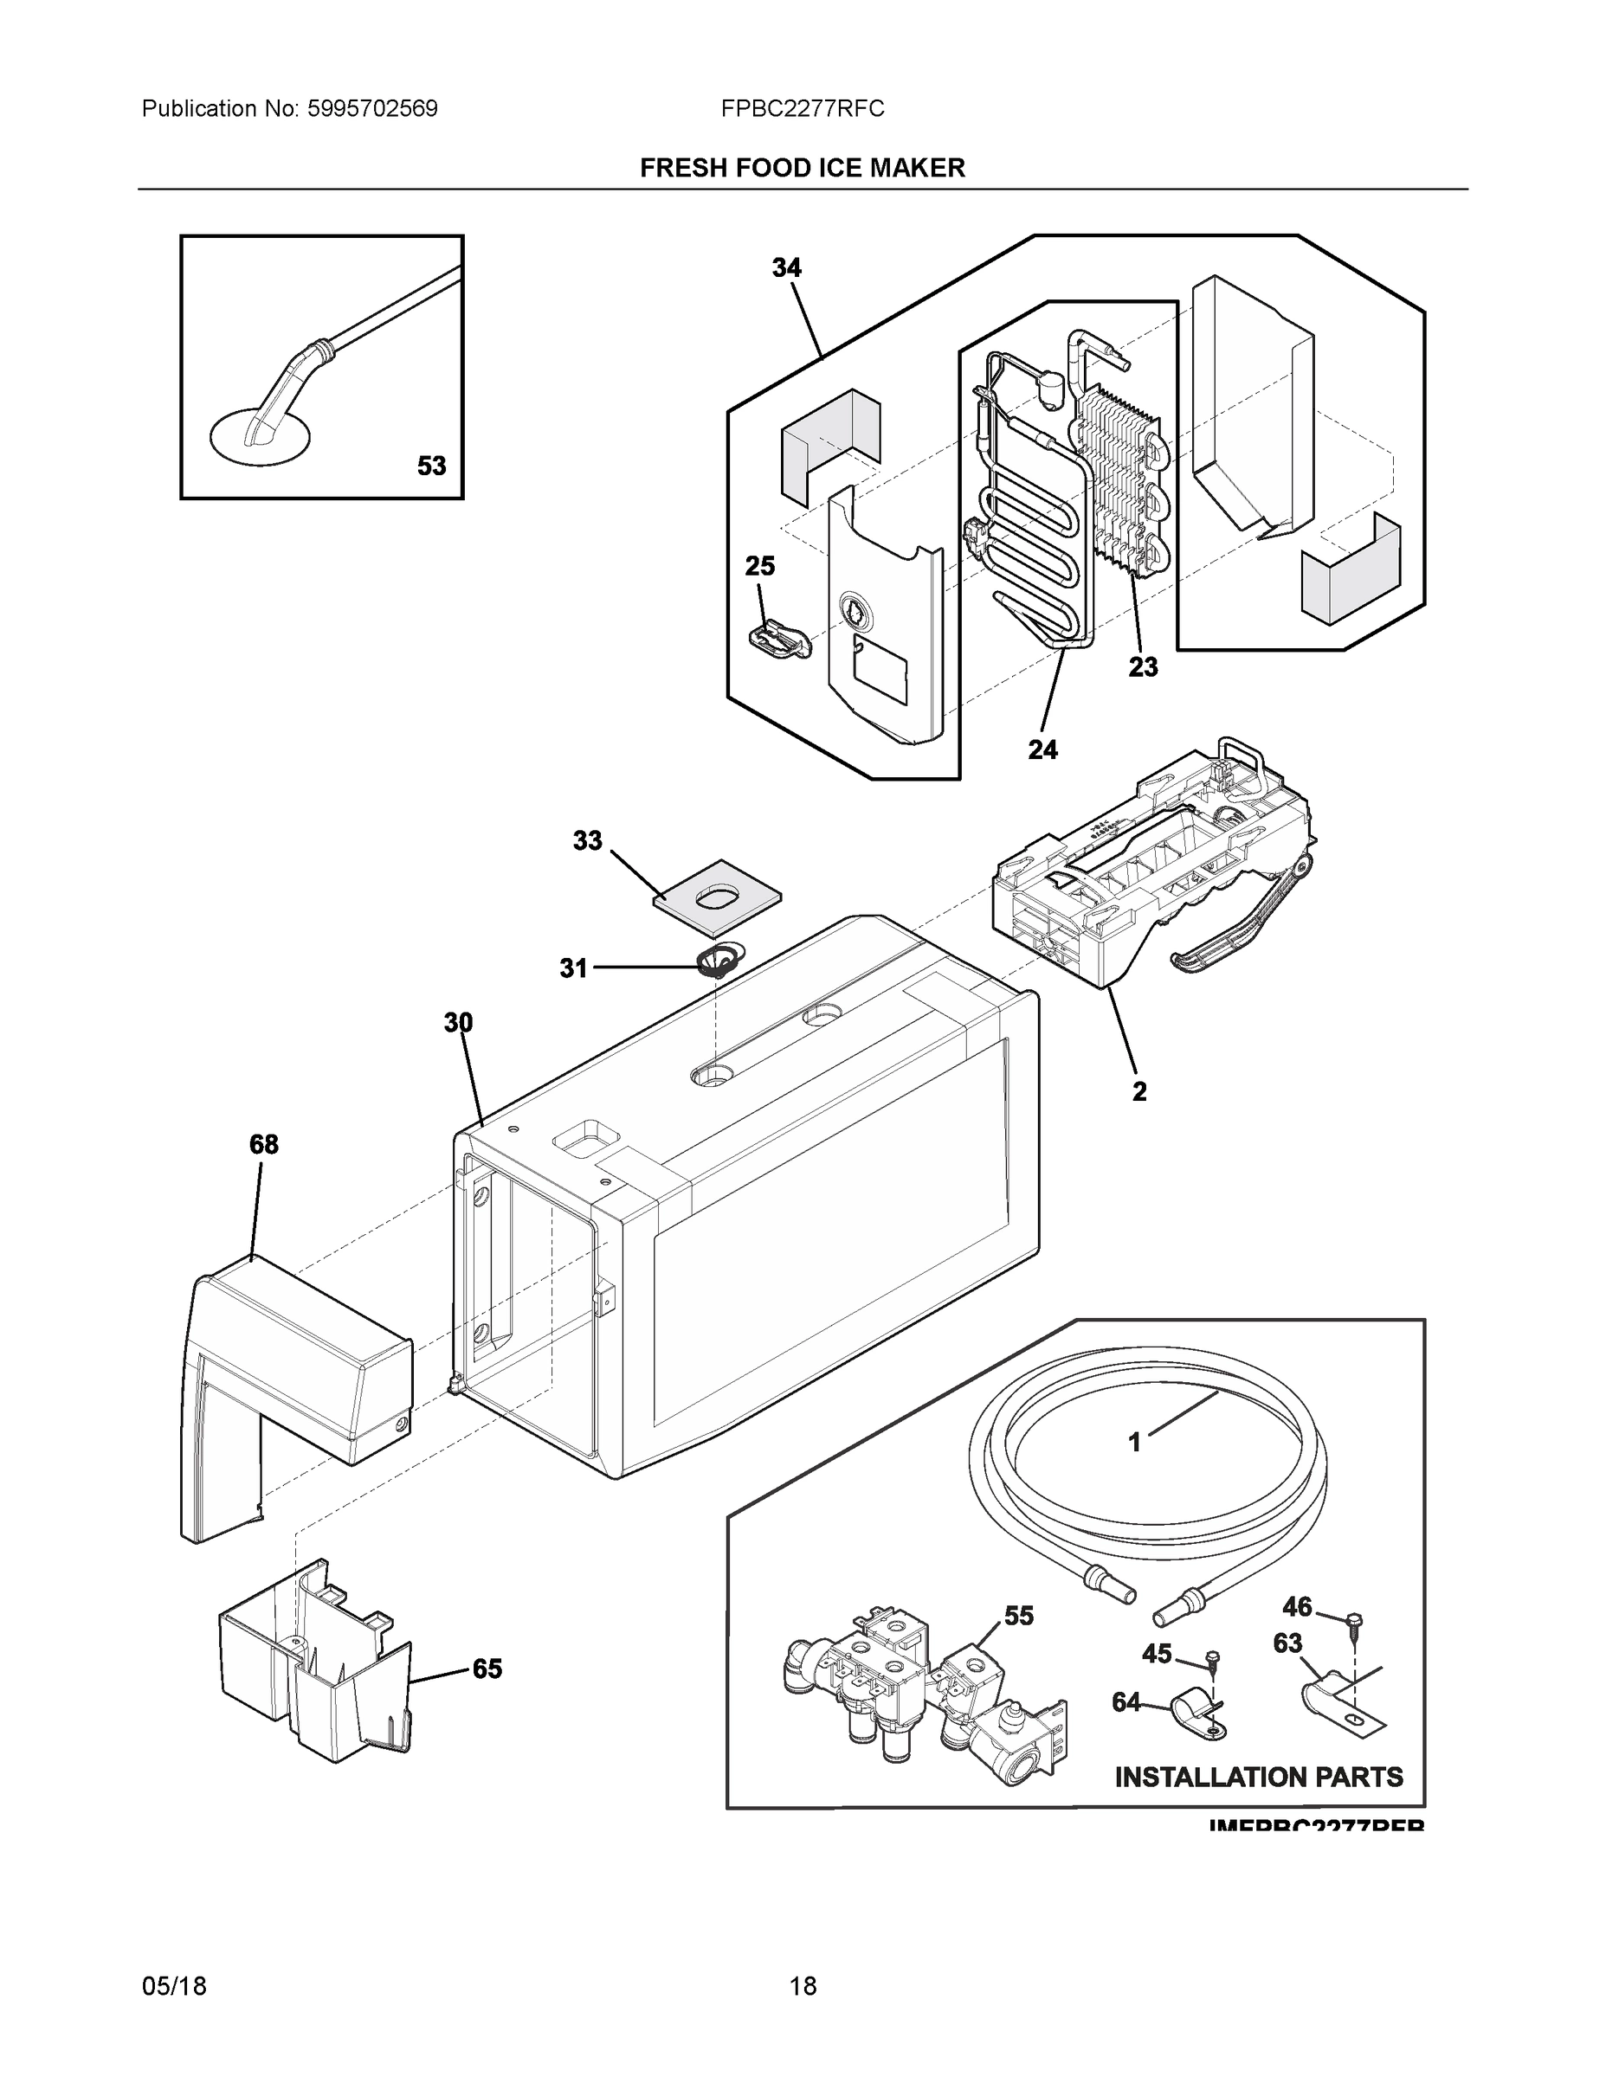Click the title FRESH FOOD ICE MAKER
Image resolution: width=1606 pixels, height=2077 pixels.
(x=802, y=169)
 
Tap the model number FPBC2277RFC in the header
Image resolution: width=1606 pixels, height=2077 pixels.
(x=802, y=109)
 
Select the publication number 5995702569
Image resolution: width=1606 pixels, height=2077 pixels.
(x=372, y=109)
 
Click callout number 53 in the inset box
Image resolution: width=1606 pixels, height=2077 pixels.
(x=431, y=466)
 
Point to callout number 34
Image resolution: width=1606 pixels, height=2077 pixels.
(x=786, y=268)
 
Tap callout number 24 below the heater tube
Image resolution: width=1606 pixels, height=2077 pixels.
(x=1042, y=750)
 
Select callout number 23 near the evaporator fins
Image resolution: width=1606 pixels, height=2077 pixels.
(x=1143, y=667)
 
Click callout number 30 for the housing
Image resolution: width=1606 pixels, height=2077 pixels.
(x=458, y=1022)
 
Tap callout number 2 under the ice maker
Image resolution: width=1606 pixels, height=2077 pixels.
(x=1138, y=1092)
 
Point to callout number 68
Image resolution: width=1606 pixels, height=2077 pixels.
(x=263, y=1144)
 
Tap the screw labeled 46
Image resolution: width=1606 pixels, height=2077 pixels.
(x=1356, y=1619)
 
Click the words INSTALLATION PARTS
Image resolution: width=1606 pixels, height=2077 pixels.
(x=1258, y=1777)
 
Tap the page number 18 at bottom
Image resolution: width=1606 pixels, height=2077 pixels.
(x=802, y=1986)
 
